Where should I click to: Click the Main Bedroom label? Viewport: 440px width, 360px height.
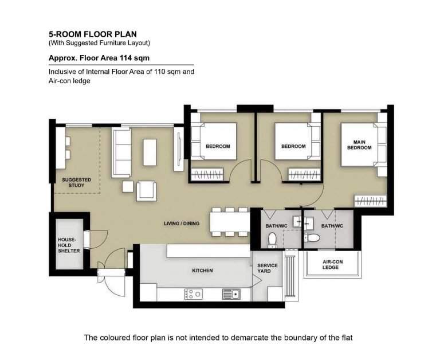(x=359, y=145)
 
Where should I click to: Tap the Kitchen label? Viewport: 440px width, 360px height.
(x=202, y=271)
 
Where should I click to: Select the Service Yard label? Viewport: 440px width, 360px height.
(x=268, y=268)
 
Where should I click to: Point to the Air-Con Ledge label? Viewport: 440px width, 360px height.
(x=332, y=264)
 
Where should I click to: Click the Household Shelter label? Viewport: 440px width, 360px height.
(x=69, y=245)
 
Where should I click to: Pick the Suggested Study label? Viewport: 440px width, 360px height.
(x=76, y=182)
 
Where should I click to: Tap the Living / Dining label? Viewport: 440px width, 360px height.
(x=182, y=223)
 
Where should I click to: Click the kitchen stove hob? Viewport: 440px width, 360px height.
(x=193, y=294)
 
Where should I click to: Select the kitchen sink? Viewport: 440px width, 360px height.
(x=231, y=294)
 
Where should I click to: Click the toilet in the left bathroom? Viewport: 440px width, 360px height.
(x=272, y=240)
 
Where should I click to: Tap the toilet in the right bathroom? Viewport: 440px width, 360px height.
(x=312, y=238)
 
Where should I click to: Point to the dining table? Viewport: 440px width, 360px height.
(x=230, y=222)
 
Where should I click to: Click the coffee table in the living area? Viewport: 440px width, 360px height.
(x=150, y=152)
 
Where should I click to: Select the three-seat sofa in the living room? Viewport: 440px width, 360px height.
(x=121, y=152)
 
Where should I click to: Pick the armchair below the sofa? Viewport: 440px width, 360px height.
(x=147, y=191)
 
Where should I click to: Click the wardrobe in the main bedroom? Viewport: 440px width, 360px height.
(x=371, y=201)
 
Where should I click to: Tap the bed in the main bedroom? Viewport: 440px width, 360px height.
(x=363, y=145)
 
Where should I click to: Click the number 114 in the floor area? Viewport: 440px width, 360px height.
(x=125, y=58)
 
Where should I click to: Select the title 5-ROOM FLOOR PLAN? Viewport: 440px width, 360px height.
(x=93, y=34)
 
